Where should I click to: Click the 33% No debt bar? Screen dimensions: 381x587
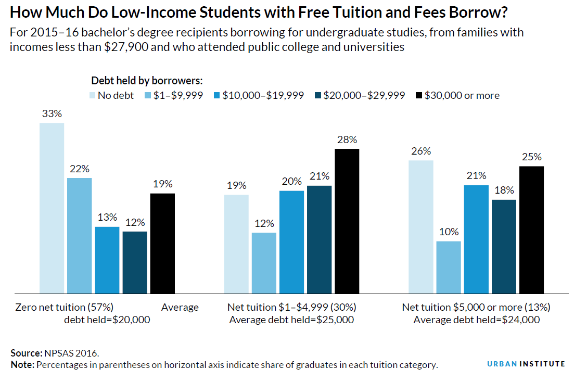coord(52,208)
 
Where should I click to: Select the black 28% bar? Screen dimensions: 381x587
coord(347,221)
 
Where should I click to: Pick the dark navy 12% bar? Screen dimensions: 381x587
coord(135,262)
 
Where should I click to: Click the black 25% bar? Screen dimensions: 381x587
coord(531,230)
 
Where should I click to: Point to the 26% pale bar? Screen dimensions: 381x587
coord(420,227)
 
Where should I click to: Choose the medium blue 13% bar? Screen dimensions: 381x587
coord(107,260)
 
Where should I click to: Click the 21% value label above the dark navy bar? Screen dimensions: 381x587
coord(319,176)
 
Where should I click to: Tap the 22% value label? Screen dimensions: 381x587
coord(80,169)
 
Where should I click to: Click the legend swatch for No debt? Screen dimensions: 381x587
coord(93,96)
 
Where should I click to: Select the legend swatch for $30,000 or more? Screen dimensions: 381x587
coord(419,96)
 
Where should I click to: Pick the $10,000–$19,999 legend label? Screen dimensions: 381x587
coord(263,96)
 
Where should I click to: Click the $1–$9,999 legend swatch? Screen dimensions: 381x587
coord(147,96)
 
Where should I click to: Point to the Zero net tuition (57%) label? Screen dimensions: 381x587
coord(65,307)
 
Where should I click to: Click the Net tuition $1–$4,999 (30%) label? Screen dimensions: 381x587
coord(291,307)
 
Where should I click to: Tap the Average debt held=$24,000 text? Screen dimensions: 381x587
coord(476,320)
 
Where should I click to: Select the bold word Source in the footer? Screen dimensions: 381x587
coord(25,353)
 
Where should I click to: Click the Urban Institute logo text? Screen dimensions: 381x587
coord(526,364)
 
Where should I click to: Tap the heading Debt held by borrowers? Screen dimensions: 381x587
coord(147,81)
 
